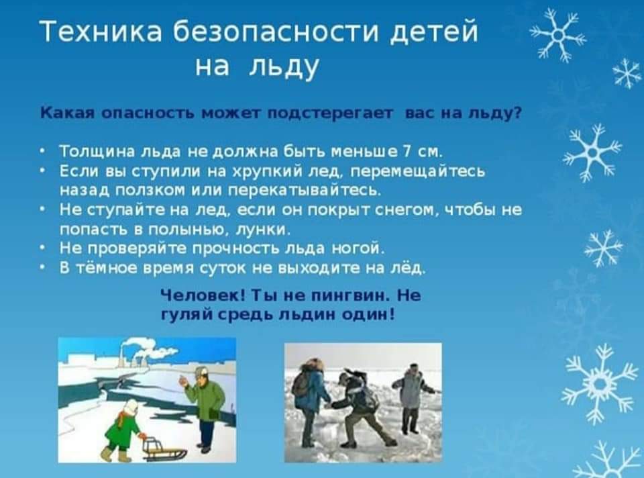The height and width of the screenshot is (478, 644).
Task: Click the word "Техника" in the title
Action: tap(101, 32)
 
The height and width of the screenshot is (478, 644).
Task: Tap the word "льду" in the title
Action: tap(284, 67)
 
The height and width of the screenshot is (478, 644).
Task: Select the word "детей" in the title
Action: tap(433, 33)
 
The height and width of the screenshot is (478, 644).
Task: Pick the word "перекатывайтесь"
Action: tap(304, 190)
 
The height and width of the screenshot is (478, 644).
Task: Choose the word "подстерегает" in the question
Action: tap(329, 113)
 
